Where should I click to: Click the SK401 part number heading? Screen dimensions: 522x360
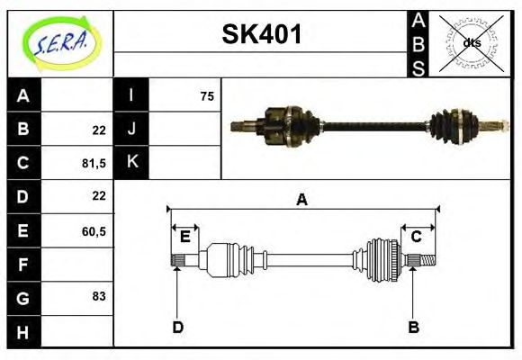point(262,34)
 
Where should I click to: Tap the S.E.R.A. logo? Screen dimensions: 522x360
point(61,43)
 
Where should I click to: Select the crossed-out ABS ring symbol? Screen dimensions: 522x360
point(471,43)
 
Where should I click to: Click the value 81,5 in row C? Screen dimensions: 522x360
point(94,163)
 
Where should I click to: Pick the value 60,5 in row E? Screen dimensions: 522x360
point(94,231)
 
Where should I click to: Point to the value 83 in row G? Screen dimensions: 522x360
point(99,296)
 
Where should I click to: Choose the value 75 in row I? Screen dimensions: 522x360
point(207,96)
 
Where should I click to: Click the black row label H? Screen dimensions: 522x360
point(23,331)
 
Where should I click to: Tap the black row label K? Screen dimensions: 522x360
point(131,162)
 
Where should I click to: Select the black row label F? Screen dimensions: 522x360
point(23,264)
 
